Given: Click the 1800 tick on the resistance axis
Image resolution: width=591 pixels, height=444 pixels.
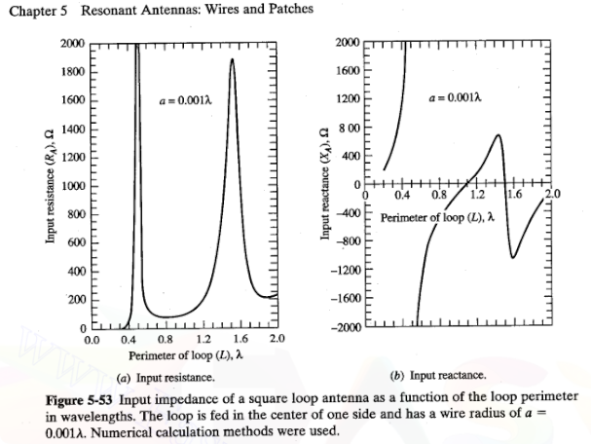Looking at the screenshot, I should pos(71,72).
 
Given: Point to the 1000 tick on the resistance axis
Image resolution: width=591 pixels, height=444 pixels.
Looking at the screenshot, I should pos(71,186).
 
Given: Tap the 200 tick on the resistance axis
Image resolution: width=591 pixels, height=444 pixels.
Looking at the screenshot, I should pos(73,298).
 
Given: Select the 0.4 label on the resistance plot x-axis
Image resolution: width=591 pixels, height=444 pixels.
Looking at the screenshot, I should pos(128,340).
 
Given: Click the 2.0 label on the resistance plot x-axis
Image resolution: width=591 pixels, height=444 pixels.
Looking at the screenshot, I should pos(276,340).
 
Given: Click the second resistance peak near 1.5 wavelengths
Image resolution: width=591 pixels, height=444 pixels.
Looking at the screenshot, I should pos(232,60).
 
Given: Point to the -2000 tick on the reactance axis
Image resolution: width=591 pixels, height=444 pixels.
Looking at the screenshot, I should pos(348,323).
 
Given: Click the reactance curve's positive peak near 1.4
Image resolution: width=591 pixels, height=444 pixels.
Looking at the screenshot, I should pos(499,135).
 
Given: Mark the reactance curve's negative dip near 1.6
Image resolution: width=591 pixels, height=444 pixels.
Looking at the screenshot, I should pos(513,256).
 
